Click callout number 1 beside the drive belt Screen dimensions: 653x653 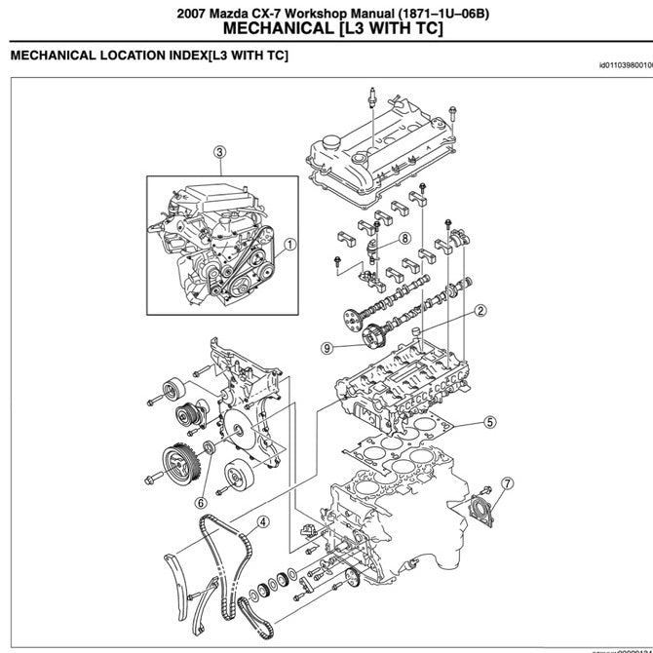pos(289,246)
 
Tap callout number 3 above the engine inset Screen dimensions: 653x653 pos(220,151)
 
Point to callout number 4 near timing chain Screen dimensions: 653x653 pos(263,521)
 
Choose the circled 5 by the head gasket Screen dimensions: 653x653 pos(490,422)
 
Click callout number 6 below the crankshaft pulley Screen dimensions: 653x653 pos(200,503)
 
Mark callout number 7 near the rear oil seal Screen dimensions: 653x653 pos(507,482)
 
